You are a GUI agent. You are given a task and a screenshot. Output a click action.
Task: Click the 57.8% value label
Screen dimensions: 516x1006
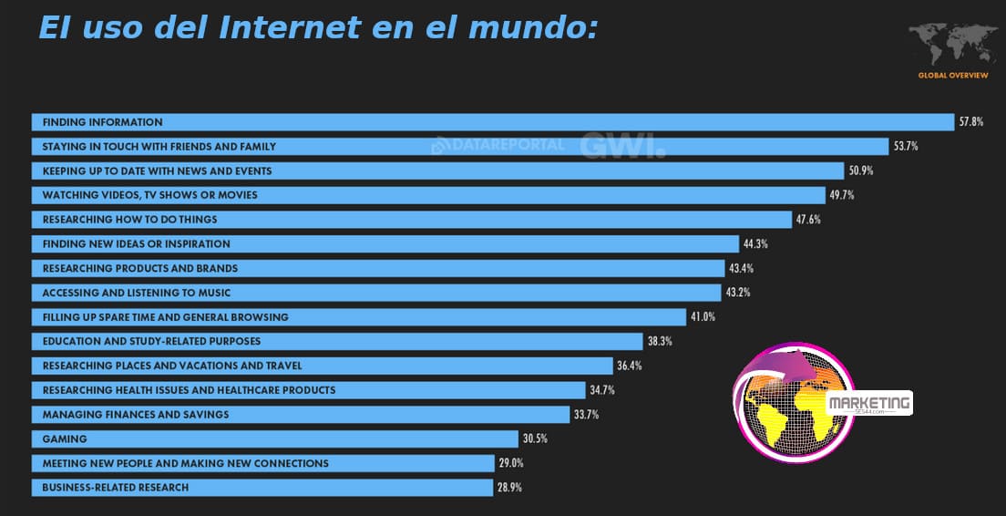pos(970,122)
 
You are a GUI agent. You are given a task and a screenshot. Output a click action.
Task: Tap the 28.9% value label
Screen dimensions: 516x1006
pos(509,488)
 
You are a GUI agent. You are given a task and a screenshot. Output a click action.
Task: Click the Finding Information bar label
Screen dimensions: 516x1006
pos(102,122)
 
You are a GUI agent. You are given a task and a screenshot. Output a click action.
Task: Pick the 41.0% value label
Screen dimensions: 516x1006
pos(703,317)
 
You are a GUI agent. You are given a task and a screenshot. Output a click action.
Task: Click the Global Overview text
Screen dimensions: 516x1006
pos(952,75)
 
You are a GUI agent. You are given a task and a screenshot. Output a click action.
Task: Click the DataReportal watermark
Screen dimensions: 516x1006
pos(498,145)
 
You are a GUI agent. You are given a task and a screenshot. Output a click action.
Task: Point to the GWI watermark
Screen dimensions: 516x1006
pos(622,146)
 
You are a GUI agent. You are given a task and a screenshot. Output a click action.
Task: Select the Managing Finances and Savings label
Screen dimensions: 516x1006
pos(135,415)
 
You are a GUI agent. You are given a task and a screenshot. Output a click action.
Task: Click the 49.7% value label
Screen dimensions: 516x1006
pos(841,195)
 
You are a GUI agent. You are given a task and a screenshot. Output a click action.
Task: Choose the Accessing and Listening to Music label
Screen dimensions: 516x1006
pos(136,293)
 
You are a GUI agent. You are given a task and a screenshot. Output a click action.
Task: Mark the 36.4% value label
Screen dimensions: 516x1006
pos(630,366)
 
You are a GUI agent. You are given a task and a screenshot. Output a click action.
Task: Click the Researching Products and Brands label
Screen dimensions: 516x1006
pos(139,268)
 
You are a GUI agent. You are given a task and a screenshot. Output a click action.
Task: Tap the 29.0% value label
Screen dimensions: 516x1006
pos(511,463)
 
